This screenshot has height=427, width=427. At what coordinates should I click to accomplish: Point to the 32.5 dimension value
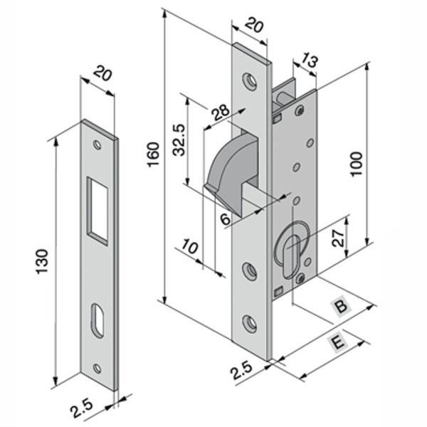pyautogui.click(x=179, y=139)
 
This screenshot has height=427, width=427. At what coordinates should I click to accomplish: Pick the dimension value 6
pyautogui.click(x=226, y=218)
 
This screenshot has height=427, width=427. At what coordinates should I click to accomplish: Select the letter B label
pyautogui.click(x=342, y=307)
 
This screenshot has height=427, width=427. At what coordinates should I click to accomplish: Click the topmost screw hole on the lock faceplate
pyautogui.click(x=250, y=80)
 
